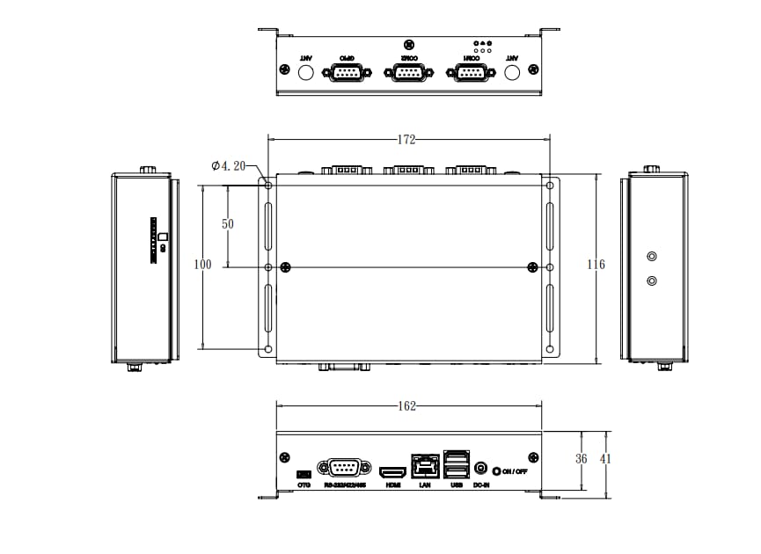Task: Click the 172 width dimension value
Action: (406, 140)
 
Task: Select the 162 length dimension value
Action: (406, 406)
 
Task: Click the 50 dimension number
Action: (228, 224)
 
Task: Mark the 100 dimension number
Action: (203, 265)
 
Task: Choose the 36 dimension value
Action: (582, 458)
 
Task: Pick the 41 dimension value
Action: (606, 458)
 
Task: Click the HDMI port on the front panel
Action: (391, 473)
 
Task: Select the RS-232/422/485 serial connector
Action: (343, 468)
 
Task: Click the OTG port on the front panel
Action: (304, 475)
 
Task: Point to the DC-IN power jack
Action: (481, 470)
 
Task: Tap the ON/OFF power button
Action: (498, 471)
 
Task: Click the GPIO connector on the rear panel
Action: (347, 72)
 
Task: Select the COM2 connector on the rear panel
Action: (408, 72)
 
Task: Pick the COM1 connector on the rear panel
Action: (470, 72)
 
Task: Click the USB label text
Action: (457, 485)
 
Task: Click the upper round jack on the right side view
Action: (652, 257)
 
